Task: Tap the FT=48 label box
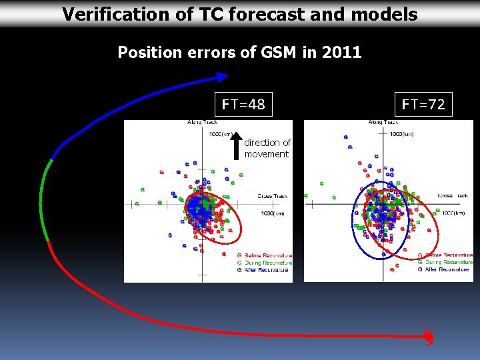(243, 104)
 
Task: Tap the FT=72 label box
(423, 104)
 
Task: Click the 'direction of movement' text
(267, 148)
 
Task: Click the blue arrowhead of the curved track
(220, 80)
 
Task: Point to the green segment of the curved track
(43, 200)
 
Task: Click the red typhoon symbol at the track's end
(429, 337)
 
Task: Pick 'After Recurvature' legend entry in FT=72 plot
(445, 269)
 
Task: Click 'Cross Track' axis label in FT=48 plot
(272, 196)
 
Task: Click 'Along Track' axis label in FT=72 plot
(384, 122)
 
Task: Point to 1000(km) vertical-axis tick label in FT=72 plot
(401, 134)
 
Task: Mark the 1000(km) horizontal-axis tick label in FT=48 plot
(274, 213)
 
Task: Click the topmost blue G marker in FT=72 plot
(346, 137)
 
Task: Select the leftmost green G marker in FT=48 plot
(137, 204)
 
